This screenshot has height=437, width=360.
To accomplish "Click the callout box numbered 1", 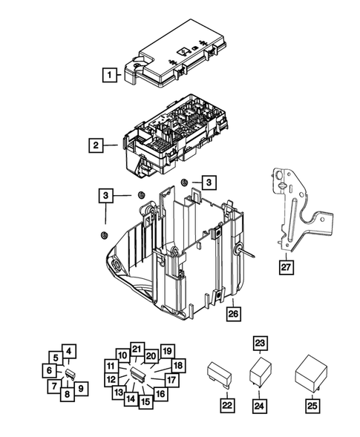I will point(110,74).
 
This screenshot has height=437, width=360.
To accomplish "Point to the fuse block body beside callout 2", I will point(174,134).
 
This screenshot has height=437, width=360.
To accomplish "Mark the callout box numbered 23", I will point(259,343).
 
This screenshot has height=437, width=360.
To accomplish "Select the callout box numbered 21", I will point(135,349).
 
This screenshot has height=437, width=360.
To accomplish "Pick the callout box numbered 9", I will point(80,387).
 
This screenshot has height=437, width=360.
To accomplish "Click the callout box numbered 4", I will point(68,352).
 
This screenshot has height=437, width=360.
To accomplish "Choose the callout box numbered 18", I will point(178,366).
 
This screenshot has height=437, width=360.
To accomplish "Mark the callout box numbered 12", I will point(111,380).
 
